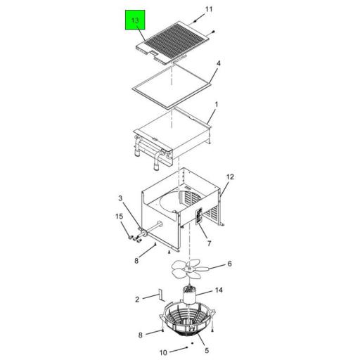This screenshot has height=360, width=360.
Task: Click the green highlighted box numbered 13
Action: pos(135,20)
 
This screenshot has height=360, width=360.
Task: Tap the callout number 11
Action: pos(209,9)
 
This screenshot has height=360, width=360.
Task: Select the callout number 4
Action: pos(219,63)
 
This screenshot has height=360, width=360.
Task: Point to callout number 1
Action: pos(217,104)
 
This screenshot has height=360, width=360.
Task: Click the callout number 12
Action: pos(230,176)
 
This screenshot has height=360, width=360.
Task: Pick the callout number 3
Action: pos(120,198)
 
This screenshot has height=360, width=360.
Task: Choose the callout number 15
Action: pos(119,216)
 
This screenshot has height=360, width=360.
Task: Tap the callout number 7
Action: pos(209,243)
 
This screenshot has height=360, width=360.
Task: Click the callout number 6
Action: pos(229,264)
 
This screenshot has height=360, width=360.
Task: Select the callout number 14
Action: pos(219,290)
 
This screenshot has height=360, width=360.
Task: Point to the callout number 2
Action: pos(137,300)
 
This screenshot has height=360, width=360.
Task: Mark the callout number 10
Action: pos(163,352)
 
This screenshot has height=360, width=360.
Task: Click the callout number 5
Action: pos(207,350)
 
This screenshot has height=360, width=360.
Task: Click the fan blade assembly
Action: pos(188,270)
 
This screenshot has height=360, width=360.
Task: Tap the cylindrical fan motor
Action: pos(189,295)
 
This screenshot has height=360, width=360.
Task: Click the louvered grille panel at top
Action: pos(172,42)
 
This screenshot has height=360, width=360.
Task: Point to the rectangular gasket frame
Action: pos(172,86)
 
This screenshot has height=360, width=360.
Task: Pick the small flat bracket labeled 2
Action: pos(161,295)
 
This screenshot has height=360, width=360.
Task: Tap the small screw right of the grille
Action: pos(213,32)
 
